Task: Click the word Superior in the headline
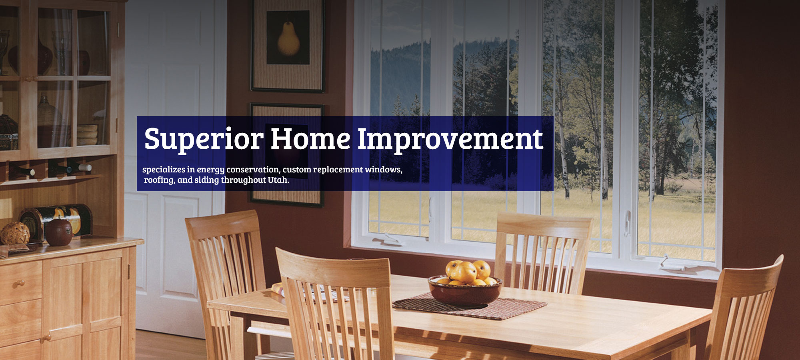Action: (203, 139)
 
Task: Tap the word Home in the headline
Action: (310, 139)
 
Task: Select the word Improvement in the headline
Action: (450, 139)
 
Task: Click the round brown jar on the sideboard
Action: (58, 232)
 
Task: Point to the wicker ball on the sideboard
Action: (15, 233)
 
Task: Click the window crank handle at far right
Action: (664, 260)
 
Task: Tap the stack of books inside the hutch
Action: (87, 135)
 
